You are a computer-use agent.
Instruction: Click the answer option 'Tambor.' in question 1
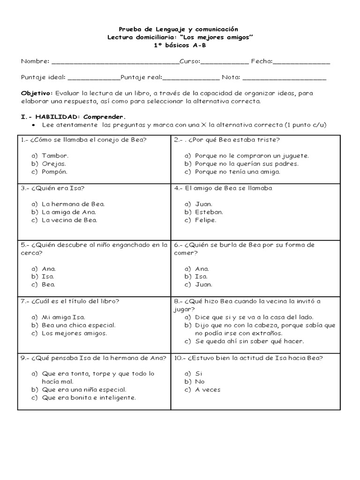coord(55,156)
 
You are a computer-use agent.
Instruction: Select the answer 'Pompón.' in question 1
coord(55,172)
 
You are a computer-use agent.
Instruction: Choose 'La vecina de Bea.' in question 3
coord(69,220)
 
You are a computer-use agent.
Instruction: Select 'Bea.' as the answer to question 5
coord(48,284)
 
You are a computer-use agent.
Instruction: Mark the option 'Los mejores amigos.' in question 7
coord(74,333)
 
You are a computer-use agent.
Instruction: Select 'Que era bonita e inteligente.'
coord(89,397)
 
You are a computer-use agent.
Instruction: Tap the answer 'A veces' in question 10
coord(207,390)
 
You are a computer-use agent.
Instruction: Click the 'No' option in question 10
coord(200,382)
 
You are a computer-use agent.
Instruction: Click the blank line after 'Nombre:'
coord(115,62)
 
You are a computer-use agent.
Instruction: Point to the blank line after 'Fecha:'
coord(301,62)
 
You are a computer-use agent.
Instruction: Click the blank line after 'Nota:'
coord(284,77)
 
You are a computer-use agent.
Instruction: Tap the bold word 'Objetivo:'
coord(37,93)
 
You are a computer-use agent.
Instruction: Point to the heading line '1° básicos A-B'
coord(180,45)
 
